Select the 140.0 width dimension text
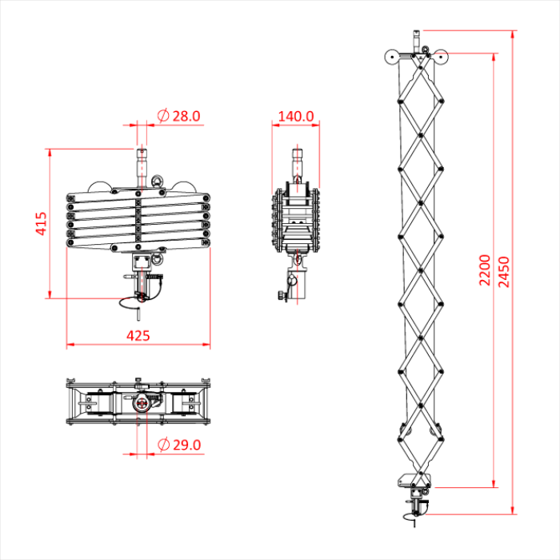(295, 116)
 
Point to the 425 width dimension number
(138, 335)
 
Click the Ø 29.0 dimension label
(179, 445)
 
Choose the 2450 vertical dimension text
(503, 272)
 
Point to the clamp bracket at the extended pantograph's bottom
(414, 482)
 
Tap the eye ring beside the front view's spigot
(157, 182)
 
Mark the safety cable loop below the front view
(130, 303)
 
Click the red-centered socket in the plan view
(142, 403)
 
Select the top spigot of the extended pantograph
(416, 38)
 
